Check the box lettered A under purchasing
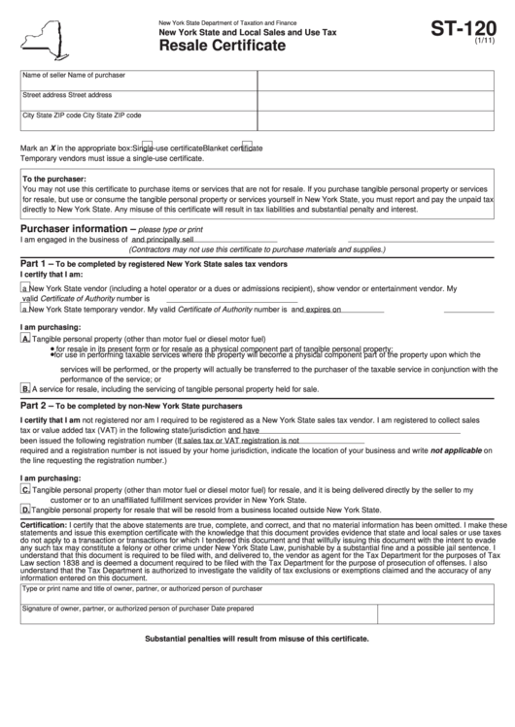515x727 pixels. pyautogui.click(x=25, y=339)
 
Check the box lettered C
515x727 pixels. pyautogui.click(x=25, y=490)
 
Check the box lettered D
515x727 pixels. pyautogui.click(x=25, y=509)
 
